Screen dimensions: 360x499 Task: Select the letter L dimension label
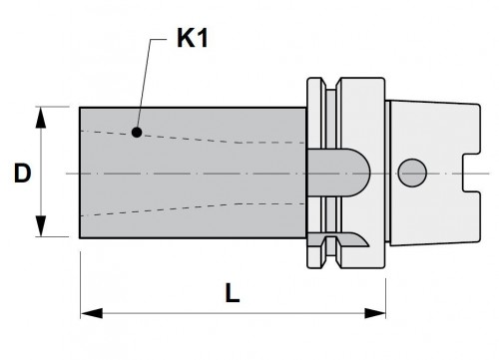point(232,295)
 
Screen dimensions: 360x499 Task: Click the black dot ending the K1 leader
point(135,131)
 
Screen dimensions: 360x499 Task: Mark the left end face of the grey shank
point(80,172)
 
